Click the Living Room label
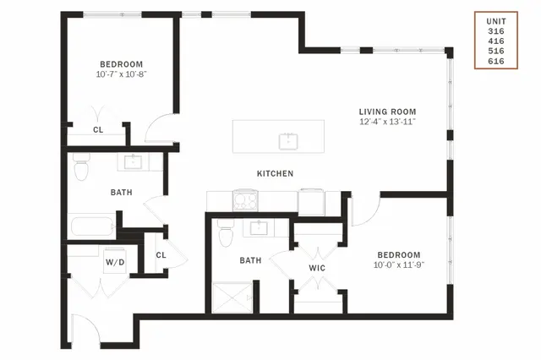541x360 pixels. pyautogui.click(x=387, y=112)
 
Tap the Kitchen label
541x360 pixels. pyautogui.click(x=276, y=173)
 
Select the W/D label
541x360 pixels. pyautogui.click(x=115, y=263)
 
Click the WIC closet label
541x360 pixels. pyautogui.click(x=317, y=268)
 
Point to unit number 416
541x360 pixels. pyautogui.click(x=496, y=41)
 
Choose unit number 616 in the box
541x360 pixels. pyautogui.click(x=496, y=61)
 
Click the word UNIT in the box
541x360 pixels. pyautogui.click(x=496, y=21)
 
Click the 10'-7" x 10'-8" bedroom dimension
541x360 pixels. pyautogui.click(x=122, y=74)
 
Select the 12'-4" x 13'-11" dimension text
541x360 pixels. pyautogui.click(x=387, y=122)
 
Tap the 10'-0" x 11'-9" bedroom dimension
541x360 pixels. pyautogui.click(x=399, y=265)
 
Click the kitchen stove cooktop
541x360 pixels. pyautogui.click(x=245, y=200)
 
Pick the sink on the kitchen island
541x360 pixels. pyautogui.click(x=288, y=141)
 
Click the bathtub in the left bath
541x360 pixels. pyautogui.click(x=92, y=226)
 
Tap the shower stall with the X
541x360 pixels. pyautogui.click(x=232, y=297)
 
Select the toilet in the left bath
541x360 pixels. pyautogui.click(x=81, y=166)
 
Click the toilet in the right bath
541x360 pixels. pyautogui.click(x=226, y=233)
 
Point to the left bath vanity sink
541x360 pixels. pyautogui.click(x=133, y=162)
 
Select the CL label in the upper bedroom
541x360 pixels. pyautogui.click(x=98, y=130)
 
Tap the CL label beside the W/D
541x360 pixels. pyautogui.click(x=161, y=255)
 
